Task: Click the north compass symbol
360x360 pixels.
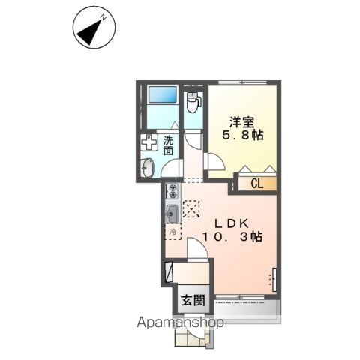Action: pyautogui.click(x=94, y=28)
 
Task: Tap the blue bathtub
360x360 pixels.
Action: pyautogui.click(x=162, y=94)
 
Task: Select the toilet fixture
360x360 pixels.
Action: pyautogui.click(x=193, y=102)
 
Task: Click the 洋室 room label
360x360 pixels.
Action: pyautogui.click(x=241, y=122)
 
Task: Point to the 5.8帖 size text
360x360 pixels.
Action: pyautogui.click(x=243, y=136)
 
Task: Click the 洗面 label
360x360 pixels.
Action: pyautogui.click(x=169, y=145)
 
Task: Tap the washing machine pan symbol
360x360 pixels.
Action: pyautogui.click(x=148, y=142)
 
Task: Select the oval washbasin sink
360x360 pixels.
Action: pyautogui.click(x=147, y=167)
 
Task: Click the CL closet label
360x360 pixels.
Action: pyautogui.click(x=257, y=184)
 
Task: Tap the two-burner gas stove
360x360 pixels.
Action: pyautogui.click(x=172, y=191)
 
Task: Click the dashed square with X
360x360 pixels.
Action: pyautogui.click(x=191, y=209)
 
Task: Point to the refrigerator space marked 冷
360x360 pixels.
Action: pyautogui.click(x=173, y=232)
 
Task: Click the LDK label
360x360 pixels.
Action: pyautogui.click(x=232, y=223)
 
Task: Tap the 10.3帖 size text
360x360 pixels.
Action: pyautogui.click(x=232, y=237)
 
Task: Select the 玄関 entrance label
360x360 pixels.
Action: pyautogui.click(x=193, y=300)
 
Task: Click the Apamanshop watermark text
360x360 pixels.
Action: pyautogui.click(x=180, y=322)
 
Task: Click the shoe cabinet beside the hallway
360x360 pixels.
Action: pyautogui.click(x=169, y=271)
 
